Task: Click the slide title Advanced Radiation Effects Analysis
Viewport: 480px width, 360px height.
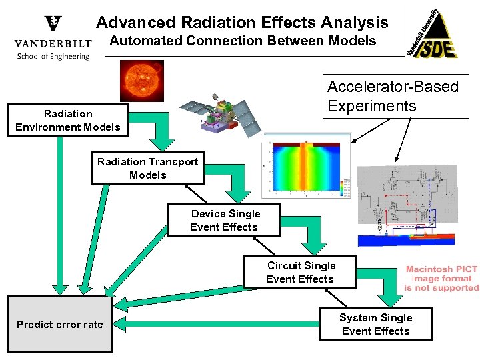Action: point(242,22)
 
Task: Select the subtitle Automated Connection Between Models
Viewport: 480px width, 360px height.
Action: point(243,41)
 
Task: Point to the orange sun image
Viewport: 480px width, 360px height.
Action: point(142,81)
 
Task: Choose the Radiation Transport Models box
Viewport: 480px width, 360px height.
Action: point(148,168)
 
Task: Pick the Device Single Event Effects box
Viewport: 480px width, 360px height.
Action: point(224,220)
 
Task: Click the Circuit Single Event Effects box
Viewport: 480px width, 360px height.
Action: point(300,272)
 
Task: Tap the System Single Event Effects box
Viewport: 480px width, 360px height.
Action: point(375,324)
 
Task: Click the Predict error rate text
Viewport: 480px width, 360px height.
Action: point(60,324)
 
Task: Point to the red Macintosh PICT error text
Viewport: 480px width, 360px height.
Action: point(441,278)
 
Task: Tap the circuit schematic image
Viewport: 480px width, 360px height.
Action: point(407,200)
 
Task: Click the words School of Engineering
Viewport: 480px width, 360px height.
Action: point(53,56)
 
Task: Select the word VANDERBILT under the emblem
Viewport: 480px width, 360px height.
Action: point(53,44)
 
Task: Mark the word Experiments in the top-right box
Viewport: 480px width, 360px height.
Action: point(372,106)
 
